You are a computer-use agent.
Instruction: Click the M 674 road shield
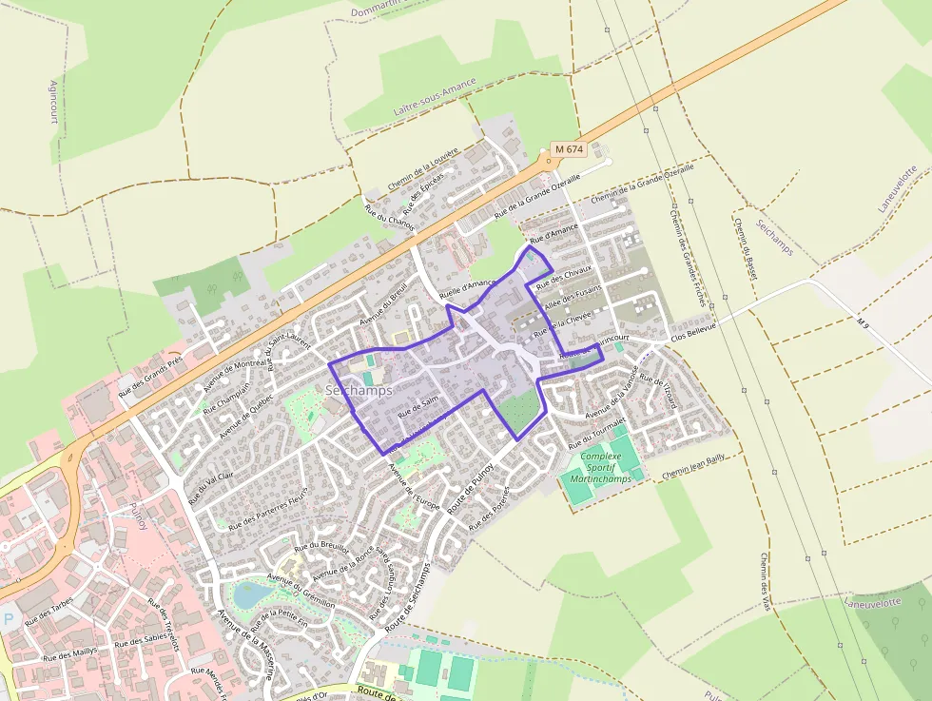click(x=569, y=149)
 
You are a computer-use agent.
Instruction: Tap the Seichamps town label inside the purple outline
click(x=359, y=390)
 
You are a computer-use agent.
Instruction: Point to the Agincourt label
click(x=53, y=102)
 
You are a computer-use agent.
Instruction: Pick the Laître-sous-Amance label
click(x=434, y=100)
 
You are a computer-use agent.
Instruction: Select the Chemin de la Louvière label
click(x=422, y=167)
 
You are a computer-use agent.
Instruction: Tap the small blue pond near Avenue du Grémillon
click(x=252, y=594)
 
